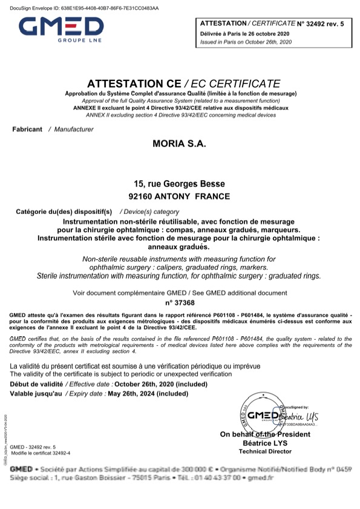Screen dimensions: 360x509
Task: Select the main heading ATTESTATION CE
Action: click(134, 83)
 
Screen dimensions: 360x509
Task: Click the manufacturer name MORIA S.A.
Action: click(180, 144)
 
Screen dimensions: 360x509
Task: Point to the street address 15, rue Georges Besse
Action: click(180, 184)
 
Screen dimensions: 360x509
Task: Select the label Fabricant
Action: click(27, 129)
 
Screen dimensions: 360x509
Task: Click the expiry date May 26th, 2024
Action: click(132, 394)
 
